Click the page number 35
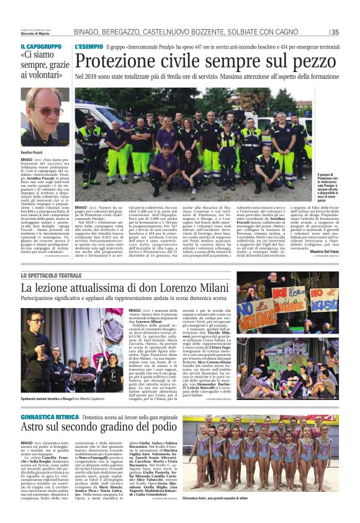(335, 32)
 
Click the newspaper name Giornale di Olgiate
(35, 34)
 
